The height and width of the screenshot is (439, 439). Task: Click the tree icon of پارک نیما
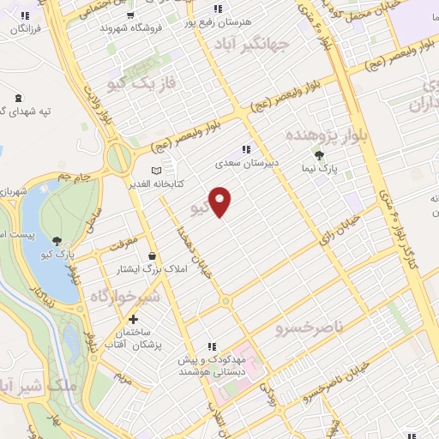pos(319,155)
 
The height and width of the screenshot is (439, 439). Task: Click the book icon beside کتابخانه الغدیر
pos(155,170)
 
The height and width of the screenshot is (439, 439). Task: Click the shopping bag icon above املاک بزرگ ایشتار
pos(152,256)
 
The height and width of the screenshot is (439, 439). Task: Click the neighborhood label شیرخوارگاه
pos(124,296)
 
